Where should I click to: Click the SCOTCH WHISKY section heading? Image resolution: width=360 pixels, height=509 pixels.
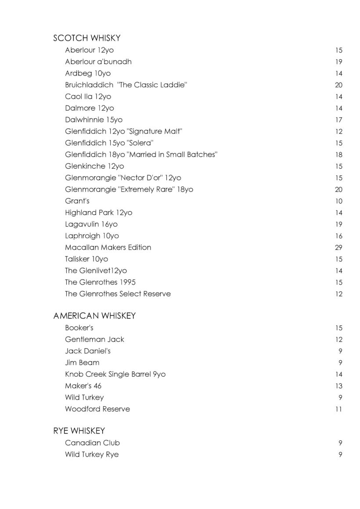click(86, 39)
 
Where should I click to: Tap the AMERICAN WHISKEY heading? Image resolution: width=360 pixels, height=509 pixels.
click(94, 316)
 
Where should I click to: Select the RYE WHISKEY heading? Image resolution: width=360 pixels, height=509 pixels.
click(79, 431)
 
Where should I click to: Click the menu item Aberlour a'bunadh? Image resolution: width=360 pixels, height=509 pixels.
click(98, 62)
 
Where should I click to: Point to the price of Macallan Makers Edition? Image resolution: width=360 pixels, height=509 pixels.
click(338, 248)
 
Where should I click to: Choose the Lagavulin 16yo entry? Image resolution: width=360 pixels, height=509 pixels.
click(91, 224)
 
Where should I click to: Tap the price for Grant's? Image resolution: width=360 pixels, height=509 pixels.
click(338, 201)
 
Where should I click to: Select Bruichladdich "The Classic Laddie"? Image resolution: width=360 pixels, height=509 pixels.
click(126, 85)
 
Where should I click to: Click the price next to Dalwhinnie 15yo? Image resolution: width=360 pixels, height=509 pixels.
click(338, 120)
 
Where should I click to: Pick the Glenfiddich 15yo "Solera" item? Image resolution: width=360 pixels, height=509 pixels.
click(109, 143)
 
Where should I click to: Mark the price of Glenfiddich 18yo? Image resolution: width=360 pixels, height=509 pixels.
click(338, 155)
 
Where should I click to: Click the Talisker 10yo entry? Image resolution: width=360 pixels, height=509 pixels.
click(86, 259)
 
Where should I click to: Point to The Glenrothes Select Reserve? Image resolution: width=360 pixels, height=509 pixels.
click(118, 294)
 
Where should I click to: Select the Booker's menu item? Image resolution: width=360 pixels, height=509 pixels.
click(79, 328)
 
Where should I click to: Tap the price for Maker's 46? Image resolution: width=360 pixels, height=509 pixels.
click(338, 386)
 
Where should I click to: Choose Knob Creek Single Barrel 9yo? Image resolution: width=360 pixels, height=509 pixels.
click(115, 374)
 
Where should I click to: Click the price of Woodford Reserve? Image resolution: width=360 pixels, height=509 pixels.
click(339, 409)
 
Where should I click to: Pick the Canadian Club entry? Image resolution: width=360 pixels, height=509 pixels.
click(92, 443)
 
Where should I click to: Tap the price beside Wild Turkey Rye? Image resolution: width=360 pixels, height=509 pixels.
click(340, 455)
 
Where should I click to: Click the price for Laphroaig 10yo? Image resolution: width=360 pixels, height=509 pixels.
click(338, 236)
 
